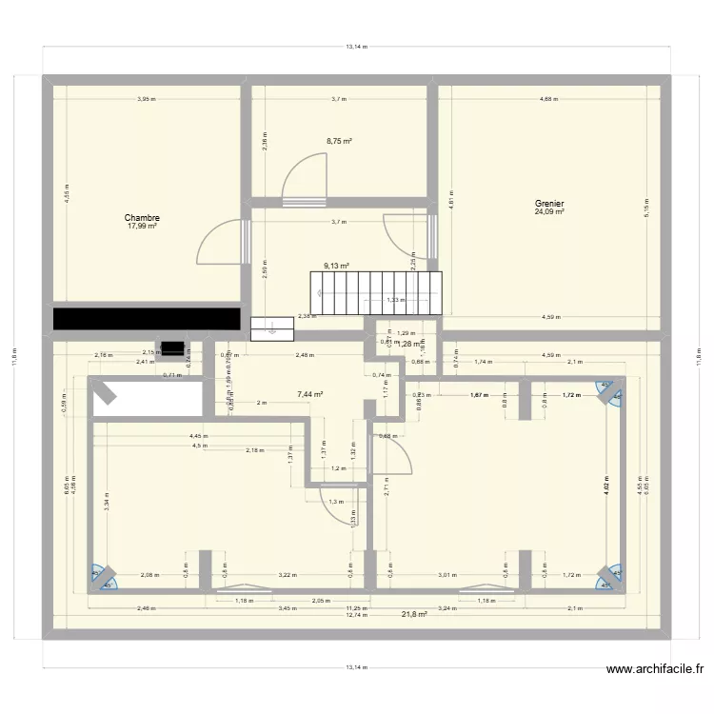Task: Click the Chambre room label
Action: [x=141, y=217]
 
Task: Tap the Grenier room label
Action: [x=549, y=203]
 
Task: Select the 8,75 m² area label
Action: [x=339, y=141]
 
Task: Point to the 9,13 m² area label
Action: [x=336, y=267]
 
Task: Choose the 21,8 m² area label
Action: [x=414, y=614]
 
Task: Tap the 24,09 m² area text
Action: [x=549, y=212]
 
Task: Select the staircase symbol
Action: [x=377, y=292]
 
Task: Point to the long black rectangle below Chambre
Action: [x=146, y=318]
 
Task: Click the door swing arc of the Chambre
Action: [x=214, y=242]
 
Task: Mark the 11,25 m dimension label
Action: [x=356, y=607]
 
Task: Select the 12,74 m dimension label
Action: [x=356, y=615]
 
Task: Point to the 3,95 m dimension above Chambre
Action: [x=146, y=98]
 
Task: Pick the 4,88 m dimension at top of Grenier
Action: [x=549, y=98]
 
